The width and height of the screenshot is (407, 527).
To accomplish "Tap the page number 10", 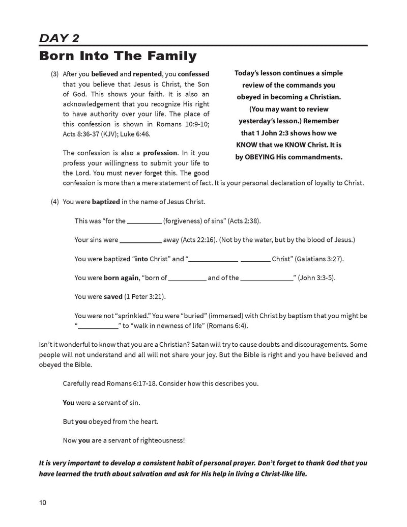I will coord(42,503).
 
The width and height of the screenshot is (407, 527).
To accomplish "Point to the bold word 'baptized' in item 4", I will coord(106,202).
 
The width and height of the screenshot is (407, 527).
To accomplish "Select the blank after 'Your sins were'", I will coord(140,240).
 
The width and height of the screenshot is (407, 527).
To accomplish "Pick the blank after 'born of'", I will coord(187,279).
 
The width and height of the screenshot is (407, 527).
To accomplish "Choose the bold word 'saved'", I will coord(113,296).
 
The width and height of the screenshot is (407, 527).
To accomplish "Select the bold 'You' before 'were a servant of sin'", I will coord(69,402).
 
